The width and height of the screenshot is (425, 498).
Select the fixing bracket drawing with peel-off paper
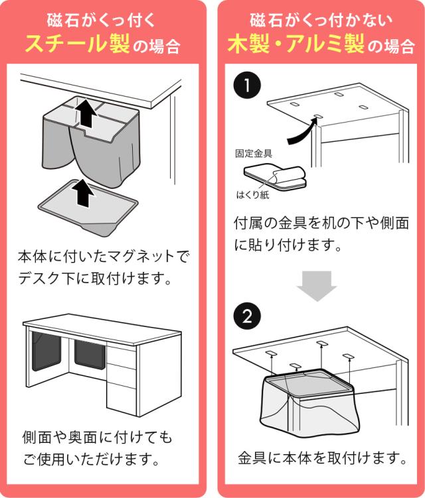(x=273, y=176)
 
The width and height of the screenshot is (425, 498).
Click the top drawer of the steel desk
(x=122, y=350)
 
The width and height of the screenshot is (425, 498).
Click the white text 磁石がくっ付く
(x=102, y=19)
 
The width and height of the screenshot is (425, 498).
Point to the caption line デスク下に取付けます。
(x=94, y=278)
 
